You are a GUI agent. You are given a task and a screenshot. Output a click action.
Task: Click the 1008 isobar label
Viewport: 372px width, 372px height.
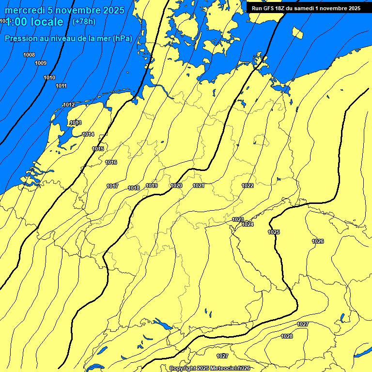[29, 55]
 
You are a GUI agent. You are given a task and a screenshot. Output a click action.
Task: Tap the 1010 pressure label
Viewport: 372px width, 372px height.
[49, 77]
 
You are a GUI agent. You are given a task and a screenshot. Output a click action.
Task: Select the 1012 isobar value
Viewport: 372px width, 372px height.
[69, 105]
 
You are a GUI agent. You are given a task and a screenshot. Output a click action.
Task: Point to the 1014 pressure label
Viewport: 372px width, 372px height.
[88, 134]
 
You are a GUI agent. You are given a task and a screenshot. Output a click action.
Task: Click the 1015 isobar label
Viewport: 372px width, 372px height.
[98, 149]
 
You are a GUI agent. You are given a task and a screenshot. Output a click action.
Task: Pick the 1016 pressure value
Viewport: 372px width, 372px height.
[111, 162]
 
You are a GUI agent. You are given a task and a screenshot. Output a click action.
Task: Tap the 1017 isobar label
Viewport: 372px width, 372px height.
[112, 186]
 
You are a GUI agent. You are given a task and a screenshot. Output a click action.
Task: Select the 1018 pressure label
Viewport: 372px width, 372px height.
[134, 188]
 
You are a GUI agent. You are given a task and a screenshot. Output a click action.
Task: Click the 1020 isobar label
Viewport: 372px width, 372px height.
[176, 186]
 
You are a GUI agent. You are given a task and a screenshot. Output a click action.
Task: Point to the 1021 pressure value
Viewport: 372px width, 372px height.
[199, 186]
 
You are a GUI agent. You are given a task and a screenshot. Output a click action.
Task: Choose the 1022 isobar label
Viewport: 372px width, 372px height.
[248, 186]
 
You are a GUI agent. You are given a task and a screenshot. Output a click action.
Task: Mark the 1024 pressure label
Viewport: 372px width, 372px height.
[248, 224]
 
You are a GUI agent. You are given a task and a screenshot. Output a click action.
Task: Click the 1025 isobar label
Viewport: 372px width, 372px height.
[274, 232]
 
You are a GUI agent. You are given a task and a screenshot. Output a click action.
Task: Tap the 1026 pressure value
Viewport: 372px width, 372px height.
[318, 241]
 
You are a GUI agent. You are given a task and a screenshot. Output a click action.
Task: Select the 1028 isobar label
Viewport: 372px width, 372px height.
[287, 336]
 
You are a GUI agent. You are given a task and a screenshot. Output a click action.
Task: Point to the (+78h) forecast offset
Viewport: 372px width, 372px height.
[84, 21]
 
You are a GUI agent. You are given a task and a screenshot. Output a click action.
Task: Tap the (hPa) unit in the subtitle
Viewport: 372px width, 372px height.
[123, 38]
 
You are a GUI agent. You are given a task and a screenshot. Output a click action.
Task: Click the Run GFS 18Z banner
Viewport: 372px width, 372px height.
[306, 8]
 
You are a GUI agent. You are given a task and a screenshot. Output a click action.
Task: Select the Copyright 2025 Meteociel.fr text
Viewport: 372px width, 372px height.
[209, 368]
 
